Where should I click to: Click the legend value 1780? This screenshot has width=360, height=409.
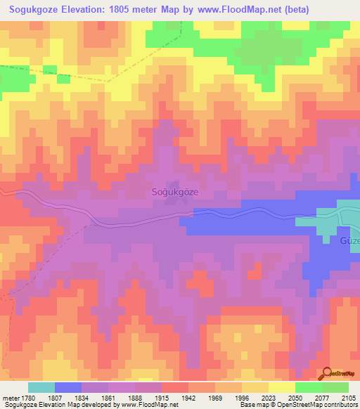pyautogui.click(x=28, y=398)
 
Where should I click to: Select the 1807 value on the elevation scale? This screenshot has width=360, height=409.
pyautogui.click(x=55, y=398)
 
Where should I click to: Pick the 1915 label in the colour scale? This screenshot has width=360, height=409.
pyautogui.click(x=162, y=398)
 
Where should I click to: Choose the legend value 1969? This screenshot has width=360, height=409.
pyautogui.click(x=215, y=398)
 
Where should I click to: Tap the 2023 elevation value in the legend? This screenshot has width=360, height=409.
pyautogui.click(x=269, y=398)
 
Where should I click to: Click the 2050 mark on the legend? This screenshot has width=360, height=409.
pyautogui.click(x=295, y=398)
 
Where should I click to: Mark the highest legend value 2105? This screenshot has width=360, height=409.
pyautogui.click(x=348, y=398)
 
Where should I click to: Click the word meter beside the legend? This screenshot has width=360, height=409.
pyautogui.click(x=10, y=398)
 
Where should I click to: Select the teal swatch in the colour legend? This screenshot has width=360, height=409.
pyautogui.click(x=41, y=387)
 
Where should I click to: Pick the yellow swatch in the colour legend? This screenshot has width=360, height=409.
pyautogui.click(x=282, y=387)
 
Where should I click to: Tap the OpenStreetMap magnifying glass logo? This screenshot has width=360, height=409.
pyautogui.click(x=328, y=373)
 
